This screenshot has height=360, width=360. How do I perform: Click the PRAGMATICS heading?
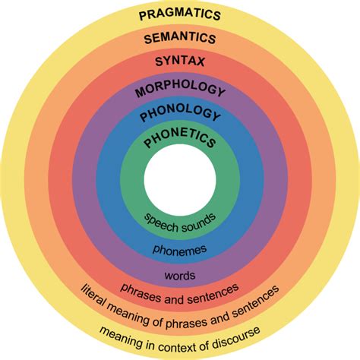180,14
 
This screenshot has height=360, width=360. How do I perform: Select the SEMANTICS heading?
180,37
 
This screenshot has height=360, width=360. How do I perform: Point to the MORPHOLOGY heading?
180,90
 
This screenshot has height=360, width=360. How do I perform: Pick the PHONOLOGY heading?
180,116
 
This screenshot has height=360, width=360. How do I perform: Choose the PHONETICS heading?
180,141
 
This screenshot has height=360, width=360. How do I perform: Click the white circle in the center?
180,180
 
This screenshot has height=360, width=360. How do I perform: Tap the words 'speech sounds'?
180,221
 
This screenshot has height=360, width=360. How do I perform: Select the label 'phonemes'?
180,249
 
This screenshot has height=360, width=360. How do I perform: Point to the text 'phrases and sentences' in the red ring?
180,291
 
